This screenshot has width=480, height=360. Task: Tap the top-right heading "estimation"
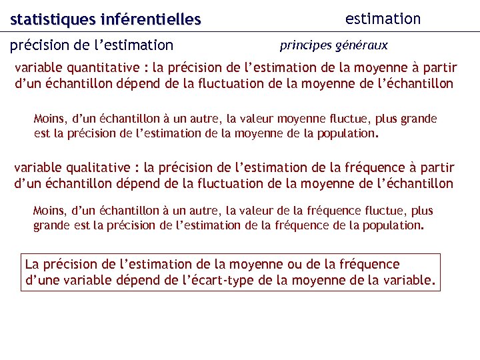(x=383, y=19)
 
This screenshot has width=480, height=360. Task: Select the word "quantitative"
(x=102, y=68)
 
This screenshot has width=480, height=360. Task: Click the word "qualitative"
(x=97, y=168)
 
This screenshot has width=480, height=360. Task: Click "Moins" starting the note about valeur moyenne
(x=50, y=119)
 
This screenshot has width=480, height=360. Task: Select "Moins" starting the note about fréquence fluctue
(x=50, y=211)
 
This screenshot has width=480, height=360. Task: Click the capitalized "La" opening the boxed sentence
(x=33, y=265)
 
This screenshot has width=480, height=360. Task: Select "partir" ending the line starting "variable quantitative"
(x=439, y=68)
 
